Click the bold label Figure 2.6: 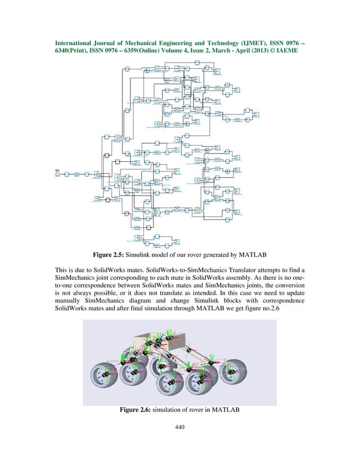[140, 409]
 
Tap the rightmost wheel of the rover [236, 373]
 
